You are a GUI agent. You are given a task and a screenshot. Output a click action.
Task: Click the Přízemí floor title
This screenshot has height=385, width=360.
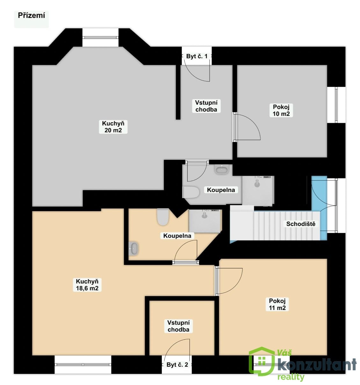pyautogui.click(x=32, y=15)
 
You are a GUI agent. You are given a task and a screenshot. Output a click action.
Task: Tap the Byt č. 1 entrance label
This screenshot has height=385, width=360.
pyautogui.click(x=197, y=56)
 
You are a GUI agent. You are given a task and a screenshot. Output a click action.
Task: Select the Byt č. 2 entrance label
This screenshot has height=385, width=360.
pyautogui.click(x=177, y=365)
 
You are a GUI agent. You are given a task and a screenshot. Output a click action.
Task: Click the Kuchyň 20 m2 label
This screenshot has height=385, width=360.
pyautogui.click(x=113, y=127)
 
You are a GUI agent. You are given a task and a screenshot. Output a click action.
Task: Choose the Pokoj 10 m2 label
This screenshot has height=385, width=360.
pyautogui.click(x=281, y=110)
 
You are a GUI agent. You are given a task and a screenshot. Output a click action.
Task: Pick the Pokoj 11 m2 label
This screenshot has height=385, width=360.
pyautogui.click(x=277, y=304)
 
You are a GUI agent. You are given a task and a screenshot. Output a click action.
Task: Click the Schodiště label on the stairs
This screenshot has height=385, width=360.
pyautogui.click(x=300, y=224)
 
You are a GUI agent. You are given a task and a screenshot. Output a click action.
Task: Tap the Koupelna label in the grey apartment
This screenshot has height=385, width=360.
pyautogui.click(x=221, y=190)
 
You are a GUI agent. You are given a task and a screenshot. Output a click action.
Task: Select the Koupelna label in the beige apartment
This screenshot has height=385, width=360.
pyautogui.click(x=177, y=236)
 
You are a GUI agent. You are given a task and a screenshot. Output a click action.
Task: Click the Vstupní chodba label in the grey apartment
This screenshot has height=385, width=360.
pyautogui.click(x=206, y=106)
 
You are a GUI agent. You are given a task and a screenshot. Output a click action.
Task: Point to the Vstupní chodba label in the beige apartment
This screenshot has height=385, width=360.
pyautogui.click(x=178, y=326)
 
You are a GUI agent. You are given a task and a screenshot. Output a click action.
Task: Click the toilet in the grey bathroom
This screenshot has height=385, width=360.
pyautogui.click(x=191, y=192)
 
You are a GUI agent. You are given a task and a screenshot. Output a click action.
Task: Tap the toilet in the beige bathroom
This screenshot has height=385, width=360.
pyautogui.click(x=163, y=217)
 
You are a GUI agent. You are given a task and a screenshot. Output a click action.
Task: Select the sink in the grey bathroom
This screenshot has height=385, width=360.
pyautogui.click(x=221, y=169)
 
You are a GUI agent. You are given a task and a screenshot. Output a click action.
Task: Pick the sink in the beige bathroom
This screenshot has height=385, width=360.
pyautogui.click(x=133, y=248)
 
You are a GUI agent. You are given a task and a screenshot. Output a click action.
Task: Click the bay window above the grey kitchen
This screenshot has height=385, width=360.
pyautogui.click(x=100, y=38)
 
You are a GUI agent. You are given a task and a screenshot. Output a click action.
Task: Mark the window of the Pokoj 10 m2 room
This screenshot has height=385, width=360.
pyautogui.click(x=336, y=105)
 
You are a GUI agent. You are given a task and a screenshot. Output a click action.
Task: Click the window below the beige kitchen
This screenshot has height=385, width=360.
pyautogui.click(x=83, y=364)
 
